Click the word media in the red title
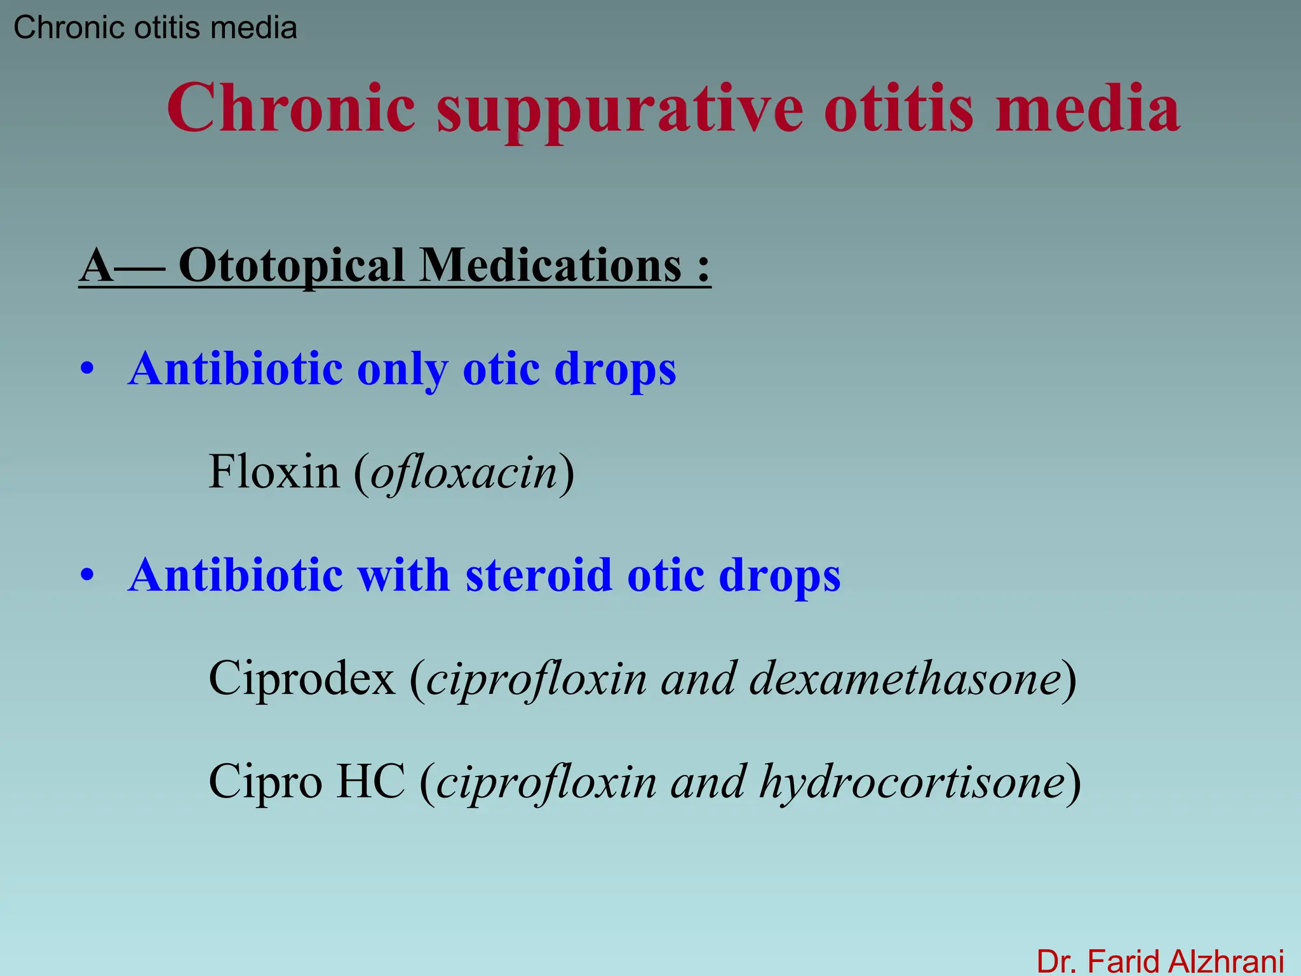pyautogui.click(x=1088, y=109)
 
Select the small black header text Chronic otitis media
pyautogui.click(x=155, y=28)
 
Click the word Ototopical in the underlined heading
pyautogui.click(x=291, y=266)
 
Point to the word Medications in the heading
pyautogui.click(x=550, y=266)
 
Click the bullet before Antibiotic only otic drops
pyautogui.click(x=87, y=369)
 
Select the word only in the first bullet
pyautogui.click(x=402, y=369)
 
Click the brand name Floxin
pyautogui.click(x=274, y=472)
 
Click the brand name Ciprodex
pyautogui.click(x=302, y=679)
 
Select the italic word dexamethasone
pyautogui.click(x=905, y=679)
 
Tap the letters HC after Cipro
pyautogui.click(x=370, y=782)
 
